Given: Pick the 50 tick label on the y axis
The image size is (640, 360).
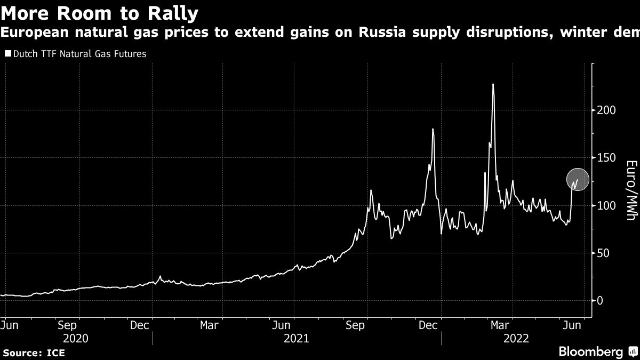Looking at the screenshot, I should [x=602, y=253].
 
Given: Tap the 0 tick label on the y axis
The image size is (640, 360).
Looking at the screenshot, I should [x=600, y=300].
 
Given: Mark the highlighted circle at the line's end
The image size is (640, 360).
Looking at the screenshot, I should [x=577, y=180].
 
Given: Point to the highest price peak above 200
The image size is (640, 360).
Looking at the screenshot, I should [x=493, y=84].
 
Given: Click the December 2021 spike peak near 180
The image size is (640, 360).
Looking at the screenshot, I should [x=433, y=129].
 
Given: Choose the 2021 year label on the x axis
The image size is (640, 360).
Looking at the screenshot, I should [x=296, y=338].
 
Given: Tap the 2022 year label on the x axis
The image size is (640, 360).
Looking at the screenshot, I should [x=516, y=338].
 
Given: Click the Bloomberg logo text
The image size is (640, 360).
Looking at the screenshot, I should [x=590, y=351].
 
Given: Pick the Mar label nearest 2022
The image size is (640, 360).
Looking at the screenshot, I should [x=499, y=325].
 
